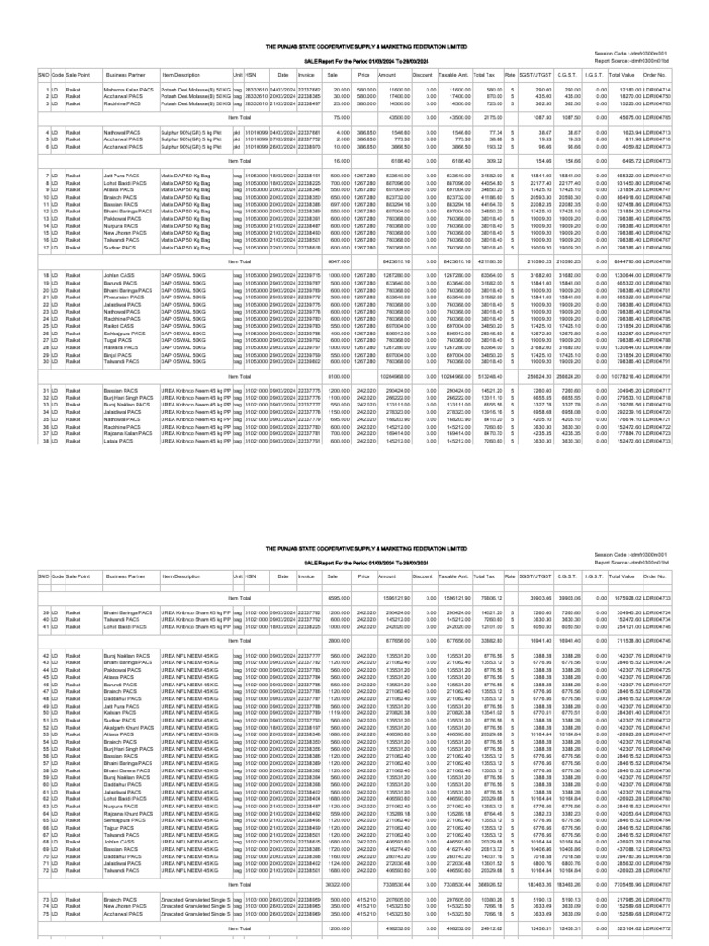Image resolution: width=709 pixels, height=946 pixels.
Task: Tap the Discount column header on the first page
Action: click(x=422, y=70)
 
